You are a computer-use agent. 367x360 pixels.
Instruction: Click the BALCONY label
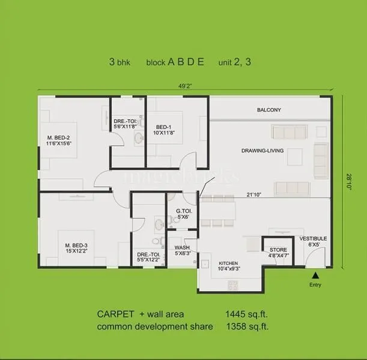(x=269, y=110)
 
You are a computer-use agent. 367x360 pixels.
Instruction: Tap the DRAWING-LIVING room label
(x=262, y=151)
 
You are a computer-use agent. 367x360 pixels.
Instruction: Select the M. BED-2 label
(x=59, y=141)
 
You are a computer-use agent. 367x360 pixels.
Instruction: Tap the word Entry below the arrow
(x=315, y=284)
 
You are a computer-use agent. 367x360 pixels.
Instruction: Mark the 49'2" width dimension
(x=186, y=85)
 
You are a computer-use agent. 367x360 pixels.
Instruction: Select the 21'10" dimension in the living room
(x=254, y=194)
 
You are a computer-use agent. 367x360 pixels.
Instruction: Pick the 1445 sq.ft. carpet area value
(x=247, y=314)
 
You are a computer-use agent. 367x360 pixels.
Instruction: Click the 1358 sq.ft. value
(x=247, y=326)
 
